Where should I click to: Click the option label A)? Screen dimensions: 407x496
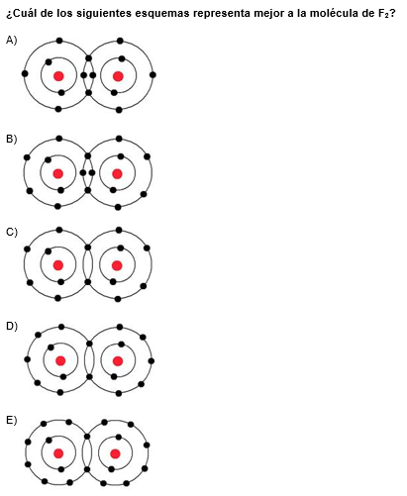coord(12,41)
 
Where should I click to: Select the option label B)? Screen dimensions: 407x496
coord(12,139)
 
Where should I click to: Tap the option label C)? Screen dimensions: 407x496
coord(12,232)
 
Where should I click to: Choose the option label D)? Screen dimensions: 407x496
coord(12,326)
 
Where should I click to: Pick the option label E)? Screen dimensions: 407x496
coord(12,420)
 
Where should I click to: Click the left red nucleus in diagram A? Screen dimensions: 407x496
coord(58,76)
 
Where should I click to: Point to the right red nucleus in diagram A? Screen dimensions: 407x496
coord(118,76)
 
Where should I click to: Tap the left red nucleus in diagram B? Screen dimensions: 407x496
coord(58,174)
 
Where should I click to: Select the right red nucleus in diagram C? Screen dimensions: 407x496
coord(117,265)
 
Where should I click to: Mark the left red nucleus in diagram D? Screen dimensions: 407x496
coord(60,360)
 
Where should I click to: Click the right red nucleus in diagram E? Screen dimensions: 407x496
coord(115,453)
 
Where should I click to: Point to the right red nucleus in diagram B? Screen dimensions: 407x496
coord(117,174)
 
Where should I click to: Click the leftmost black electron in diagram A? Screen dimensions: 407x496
coord(25,73)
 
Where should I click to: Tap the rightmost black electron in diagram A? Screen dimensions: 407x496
coord(153,75)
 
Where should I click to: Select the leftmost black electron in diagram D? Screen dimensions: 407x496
coord(28,359)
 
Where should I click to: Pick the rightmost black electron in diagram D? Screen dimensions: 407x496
coord(152,361)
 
